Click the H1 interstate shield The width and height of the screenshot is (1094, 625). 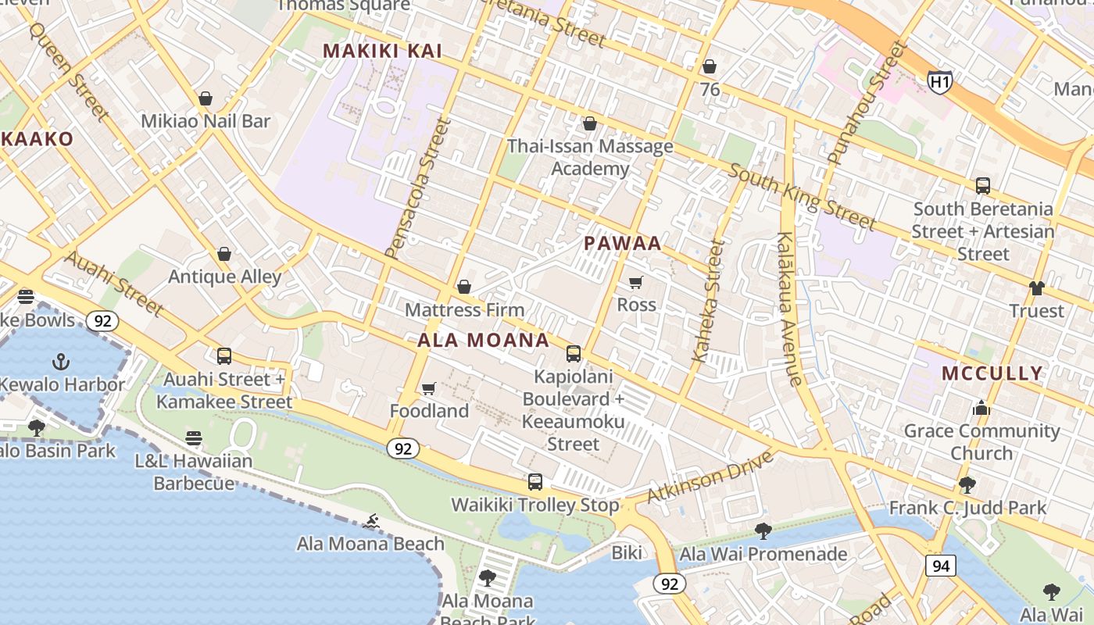[940, 80]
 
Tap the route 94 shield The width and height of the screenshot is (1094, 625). [941, 566]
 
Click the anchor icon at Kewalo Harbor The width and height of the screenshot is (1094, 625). [60, 361]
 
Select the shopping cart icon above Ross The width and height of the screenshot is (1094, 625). [636, 282]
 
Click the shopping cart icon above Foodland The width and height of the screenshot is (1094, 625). [428, 388]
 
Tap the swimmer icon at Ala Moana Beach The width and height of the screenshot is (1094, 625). [371, 521]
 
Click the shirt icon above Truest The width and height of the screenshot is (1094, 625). [1036, 288]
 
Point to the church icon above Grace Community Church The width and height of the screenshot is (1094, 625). [981, 408]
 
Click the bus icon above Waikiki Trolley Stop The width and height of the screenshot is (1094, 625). [535, 482]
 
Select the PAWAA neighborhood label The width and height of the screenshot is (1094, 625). [623, 243]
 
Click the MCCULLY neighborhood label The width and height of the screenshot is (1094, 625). [992, 373]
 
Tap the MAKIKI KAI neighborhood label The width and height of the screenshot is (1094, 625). [383, 52]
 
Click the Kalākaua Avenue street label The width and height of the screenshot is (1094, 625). [789, 309]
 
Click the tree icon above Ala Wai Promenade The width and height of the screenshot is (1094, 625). [763, 531]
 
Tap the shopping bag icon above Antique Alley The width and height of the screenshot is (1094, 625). [224, 254]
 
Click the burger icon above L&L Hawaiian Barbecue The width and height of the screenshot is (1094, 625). [194, 438]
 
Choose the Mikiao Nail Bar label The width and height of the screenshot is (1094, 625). [206, 121]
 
